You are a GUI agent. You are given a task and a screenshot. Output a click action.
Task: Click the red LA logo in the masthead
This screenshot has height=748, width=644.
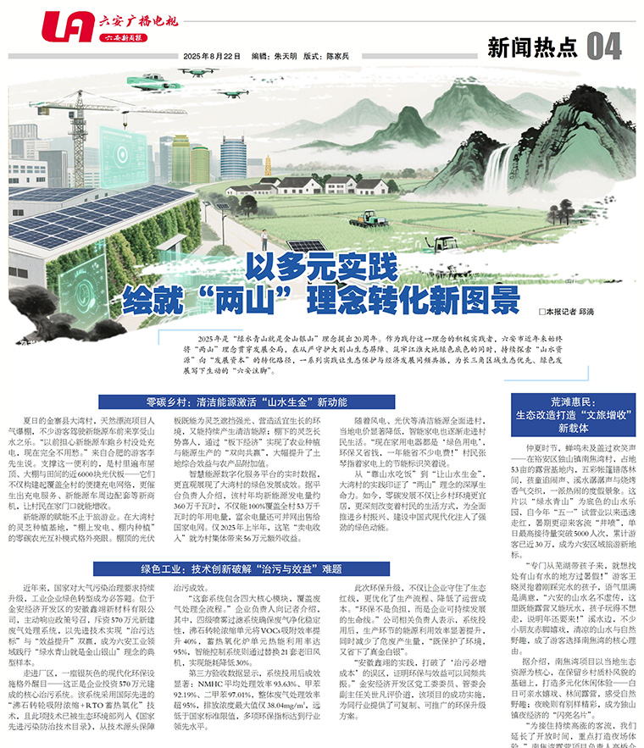point(67,27)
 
